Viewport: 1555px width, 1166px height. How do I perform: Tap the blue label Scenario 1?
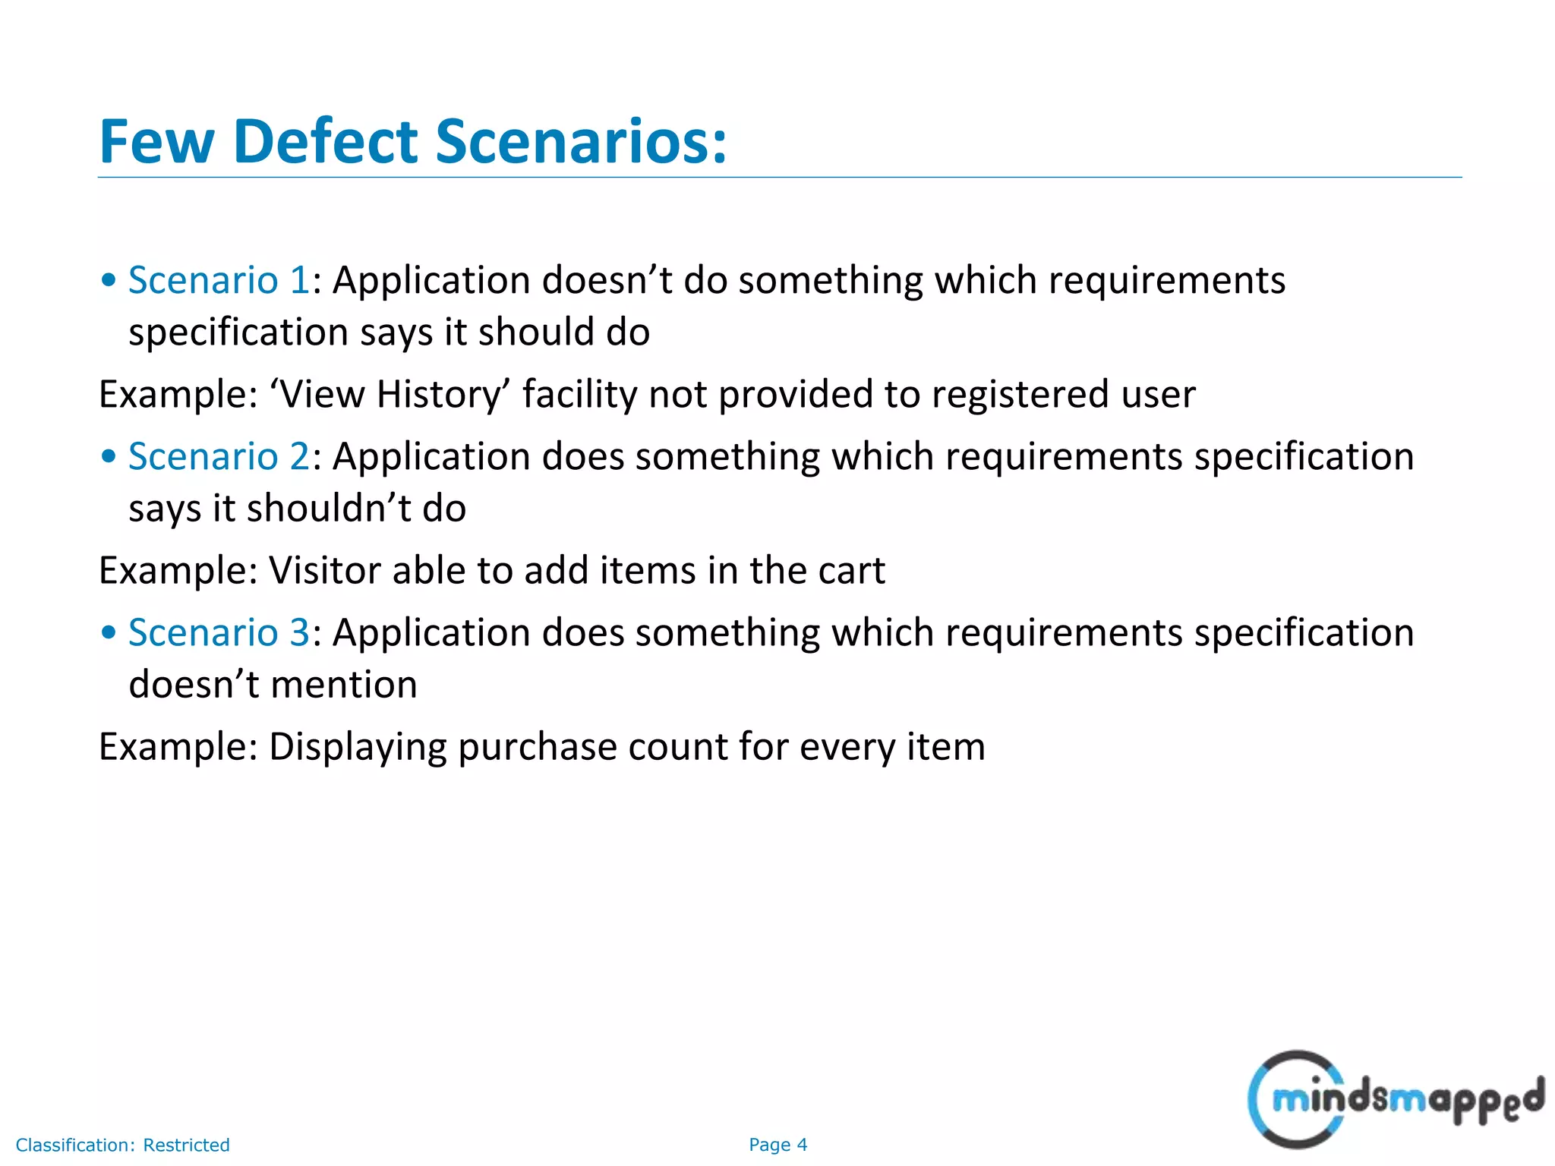[x=219, y=280]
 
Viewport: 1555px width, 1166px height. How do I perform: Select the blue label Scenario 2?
[x=219, y=456]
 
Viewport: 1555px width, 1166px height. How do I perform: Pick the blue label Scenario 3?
[x=219, y=632]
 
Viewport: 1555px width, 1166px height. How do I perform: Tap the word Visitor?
[x=324, y=571]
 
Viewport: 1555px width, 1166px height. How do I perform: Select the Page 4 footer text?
[x=777, y=1145]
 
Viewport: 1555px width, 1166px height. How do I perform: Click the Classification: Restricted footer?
[x=122, y=1145]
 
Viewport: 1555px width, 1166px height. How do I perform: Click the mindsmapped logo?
[x=1396, y=1098]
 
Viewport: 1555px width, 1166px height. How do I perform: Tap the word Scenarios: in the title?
[x=581, y=142]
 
